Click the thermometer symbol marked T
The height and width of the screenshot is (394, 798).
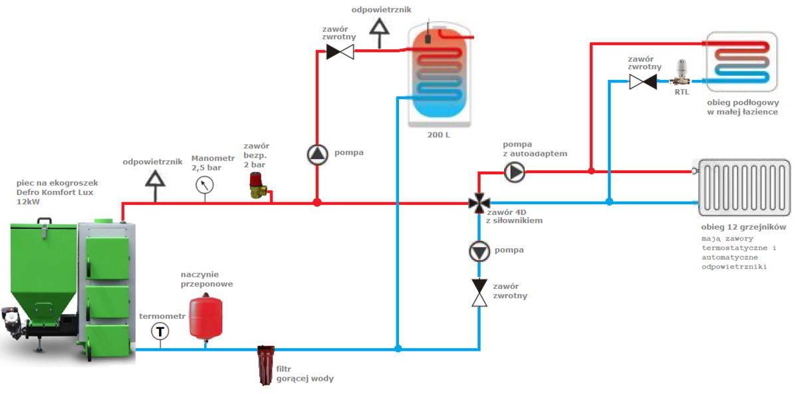(160, 331)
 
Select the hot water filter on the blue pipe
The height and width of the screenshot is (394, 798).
(266, 364)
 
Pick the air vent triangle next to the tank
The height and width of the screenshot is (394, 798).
(380, 27)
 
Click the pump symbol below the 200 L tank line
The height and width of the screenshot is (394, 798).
(317, 154)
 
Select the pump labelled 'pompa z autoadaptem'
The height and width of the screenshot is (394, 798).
(515, 172)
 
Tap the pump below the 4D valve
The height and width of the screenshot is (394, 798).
(479, 251)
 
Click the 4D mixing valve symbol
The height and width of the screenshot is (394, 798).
(479, 203)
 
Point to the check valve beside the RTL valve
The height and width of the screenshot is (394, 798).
(643, 82)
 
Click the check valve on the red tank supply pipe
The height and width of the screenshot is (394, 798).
(340, 51)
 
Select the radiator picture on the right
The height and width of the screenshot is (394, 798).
(744, 187)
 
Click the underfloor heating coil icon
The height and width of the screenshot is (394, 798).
(741, 61)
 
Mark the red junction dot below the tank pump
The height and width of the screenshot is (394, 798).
(317, 202)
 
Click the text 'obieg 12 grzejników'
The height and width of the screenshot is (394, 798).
(743, 227)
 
